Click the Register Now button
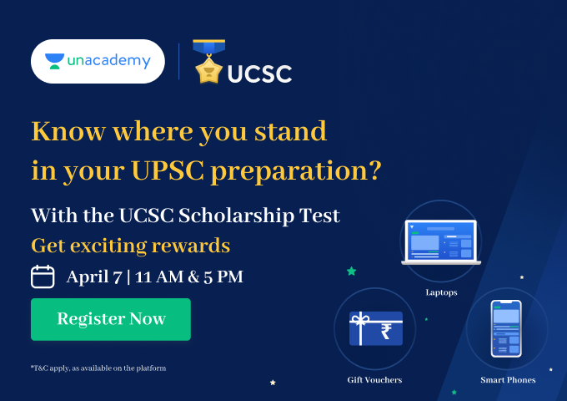click(x=111, y=319)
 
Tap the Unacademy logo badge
click(x=98, y=61)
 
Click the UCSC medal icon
click(x=208, y=62)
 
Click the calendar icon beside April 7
click(x=43, y=277)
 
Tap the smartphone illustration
click(x=506, y=328)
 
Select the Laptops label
click(x=441, y=292)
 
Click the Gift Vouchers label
click(x=374, y=380)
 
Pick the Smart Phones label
click(x=508, y=380)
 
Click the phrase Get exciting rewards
click(x=130, y=246)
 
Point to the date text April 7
click(x=93, y=277)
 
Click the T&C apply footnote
click(x=98, y=368)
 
